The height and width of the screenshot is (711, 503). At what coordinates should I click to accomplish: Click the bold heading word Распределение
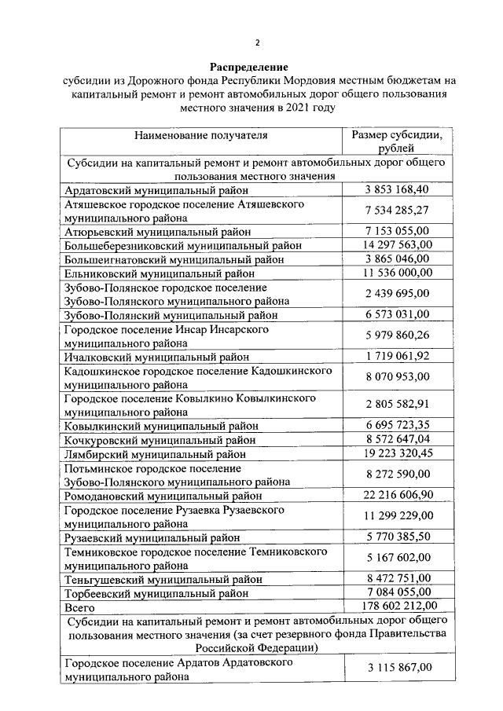[249, 67]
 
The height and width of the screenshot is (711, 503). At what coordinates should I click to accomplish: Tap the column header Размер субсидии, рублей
[397, 142]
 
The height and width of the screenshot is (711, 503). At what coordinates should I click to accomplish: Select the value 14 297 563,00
[397, 244]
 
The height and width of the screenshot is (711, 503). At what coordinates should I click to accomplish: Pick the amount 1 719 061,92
[397, 355]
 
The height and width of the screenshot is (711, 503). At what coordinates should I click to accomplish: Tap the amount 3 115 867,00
[397, 668]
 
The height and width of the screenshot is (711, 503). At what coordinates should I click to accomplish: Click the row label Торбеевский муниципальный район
[160, 592]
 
